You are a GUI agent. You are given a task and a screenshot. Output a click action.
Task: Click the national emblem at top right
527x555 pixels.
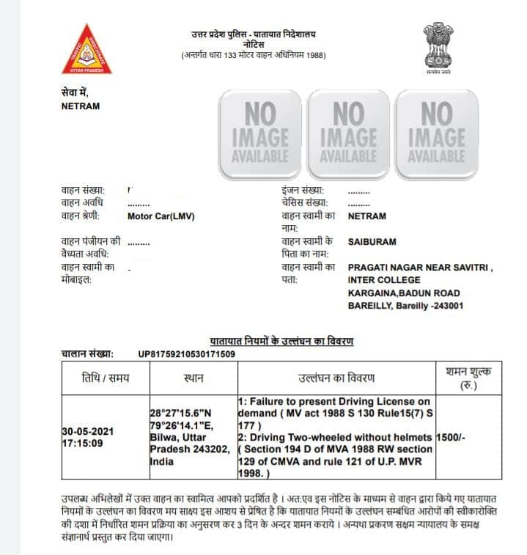[437, 47]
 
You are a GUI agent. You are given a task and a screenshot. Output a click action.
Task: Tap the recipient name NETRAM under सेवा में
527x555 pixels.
[81, 106]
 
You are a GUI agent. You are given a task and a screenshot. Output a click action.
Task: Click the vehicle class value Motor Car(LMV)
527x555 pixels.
[161, 217]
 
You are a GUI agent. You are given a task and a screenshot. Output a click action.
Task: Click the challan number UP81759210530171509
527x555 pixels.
[186, 355]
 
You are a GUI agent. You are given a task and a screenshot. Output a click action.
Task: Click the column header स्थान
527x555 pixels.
[194, 378]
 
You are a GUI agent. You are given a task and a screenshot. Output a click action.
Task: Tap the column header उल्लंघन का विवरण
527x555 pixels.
[336, 378]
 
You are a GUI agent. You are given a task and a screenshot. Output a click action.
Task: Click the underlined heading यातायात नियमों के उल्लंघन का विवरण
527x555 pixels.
[282, 342]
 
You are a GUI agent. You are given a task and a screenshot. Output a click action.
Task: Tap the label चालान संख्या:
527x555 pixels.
[86, 355]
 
